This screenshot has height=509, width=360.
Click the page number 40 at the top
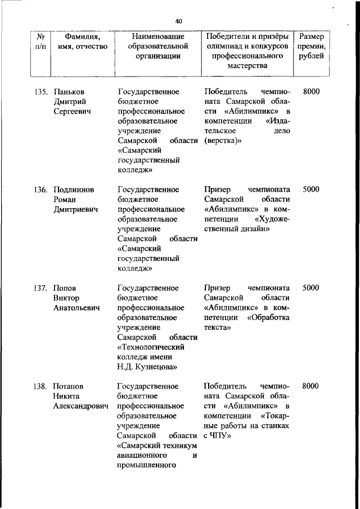[x=179, y=21]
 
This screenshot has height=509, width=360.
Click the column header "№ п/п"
[x=40, y=41]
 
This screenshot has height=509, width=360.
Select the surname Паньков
[x=70, y=91]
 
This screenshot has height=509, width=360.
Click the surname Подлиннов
[x=74, y=190]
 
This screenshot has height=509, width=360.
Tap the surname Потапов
[x=68, y=386]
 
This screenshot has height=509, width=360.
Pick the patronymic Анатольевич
[x=76, y=308]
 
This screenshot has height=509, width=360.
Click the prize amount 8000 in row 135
[x=311, y=91]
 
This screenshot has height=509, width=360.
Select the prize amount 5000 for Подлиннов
[x=311, y=190]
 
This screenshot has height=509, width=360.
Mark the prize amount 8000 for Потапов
[x=311, y=386]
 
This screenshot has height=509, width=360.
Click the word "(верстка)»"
[x=223, y=141]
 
